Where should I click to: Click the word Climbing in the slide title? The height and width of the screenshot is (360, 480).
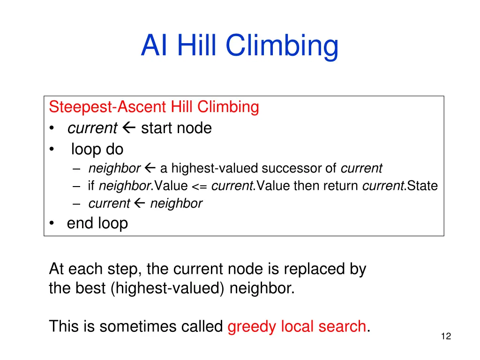(281, 46)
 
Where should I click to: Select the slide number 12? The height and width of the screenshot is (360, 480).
(446, 336)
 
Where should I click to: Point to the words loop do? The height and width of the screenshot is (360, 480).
(97, 150)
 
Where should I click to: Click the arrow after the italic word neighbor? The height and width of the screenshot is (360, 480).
(150, 168)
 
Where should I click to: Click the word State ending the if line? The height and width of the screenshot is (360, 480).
(422, 186)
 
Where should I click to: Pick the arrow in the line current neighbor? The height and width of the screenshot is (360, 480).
(139, 203)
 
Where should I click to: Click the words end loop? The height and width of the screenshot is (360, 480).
(97, 223)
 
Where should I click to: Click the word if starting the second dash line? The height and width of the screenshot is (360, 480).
(90, 186)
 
